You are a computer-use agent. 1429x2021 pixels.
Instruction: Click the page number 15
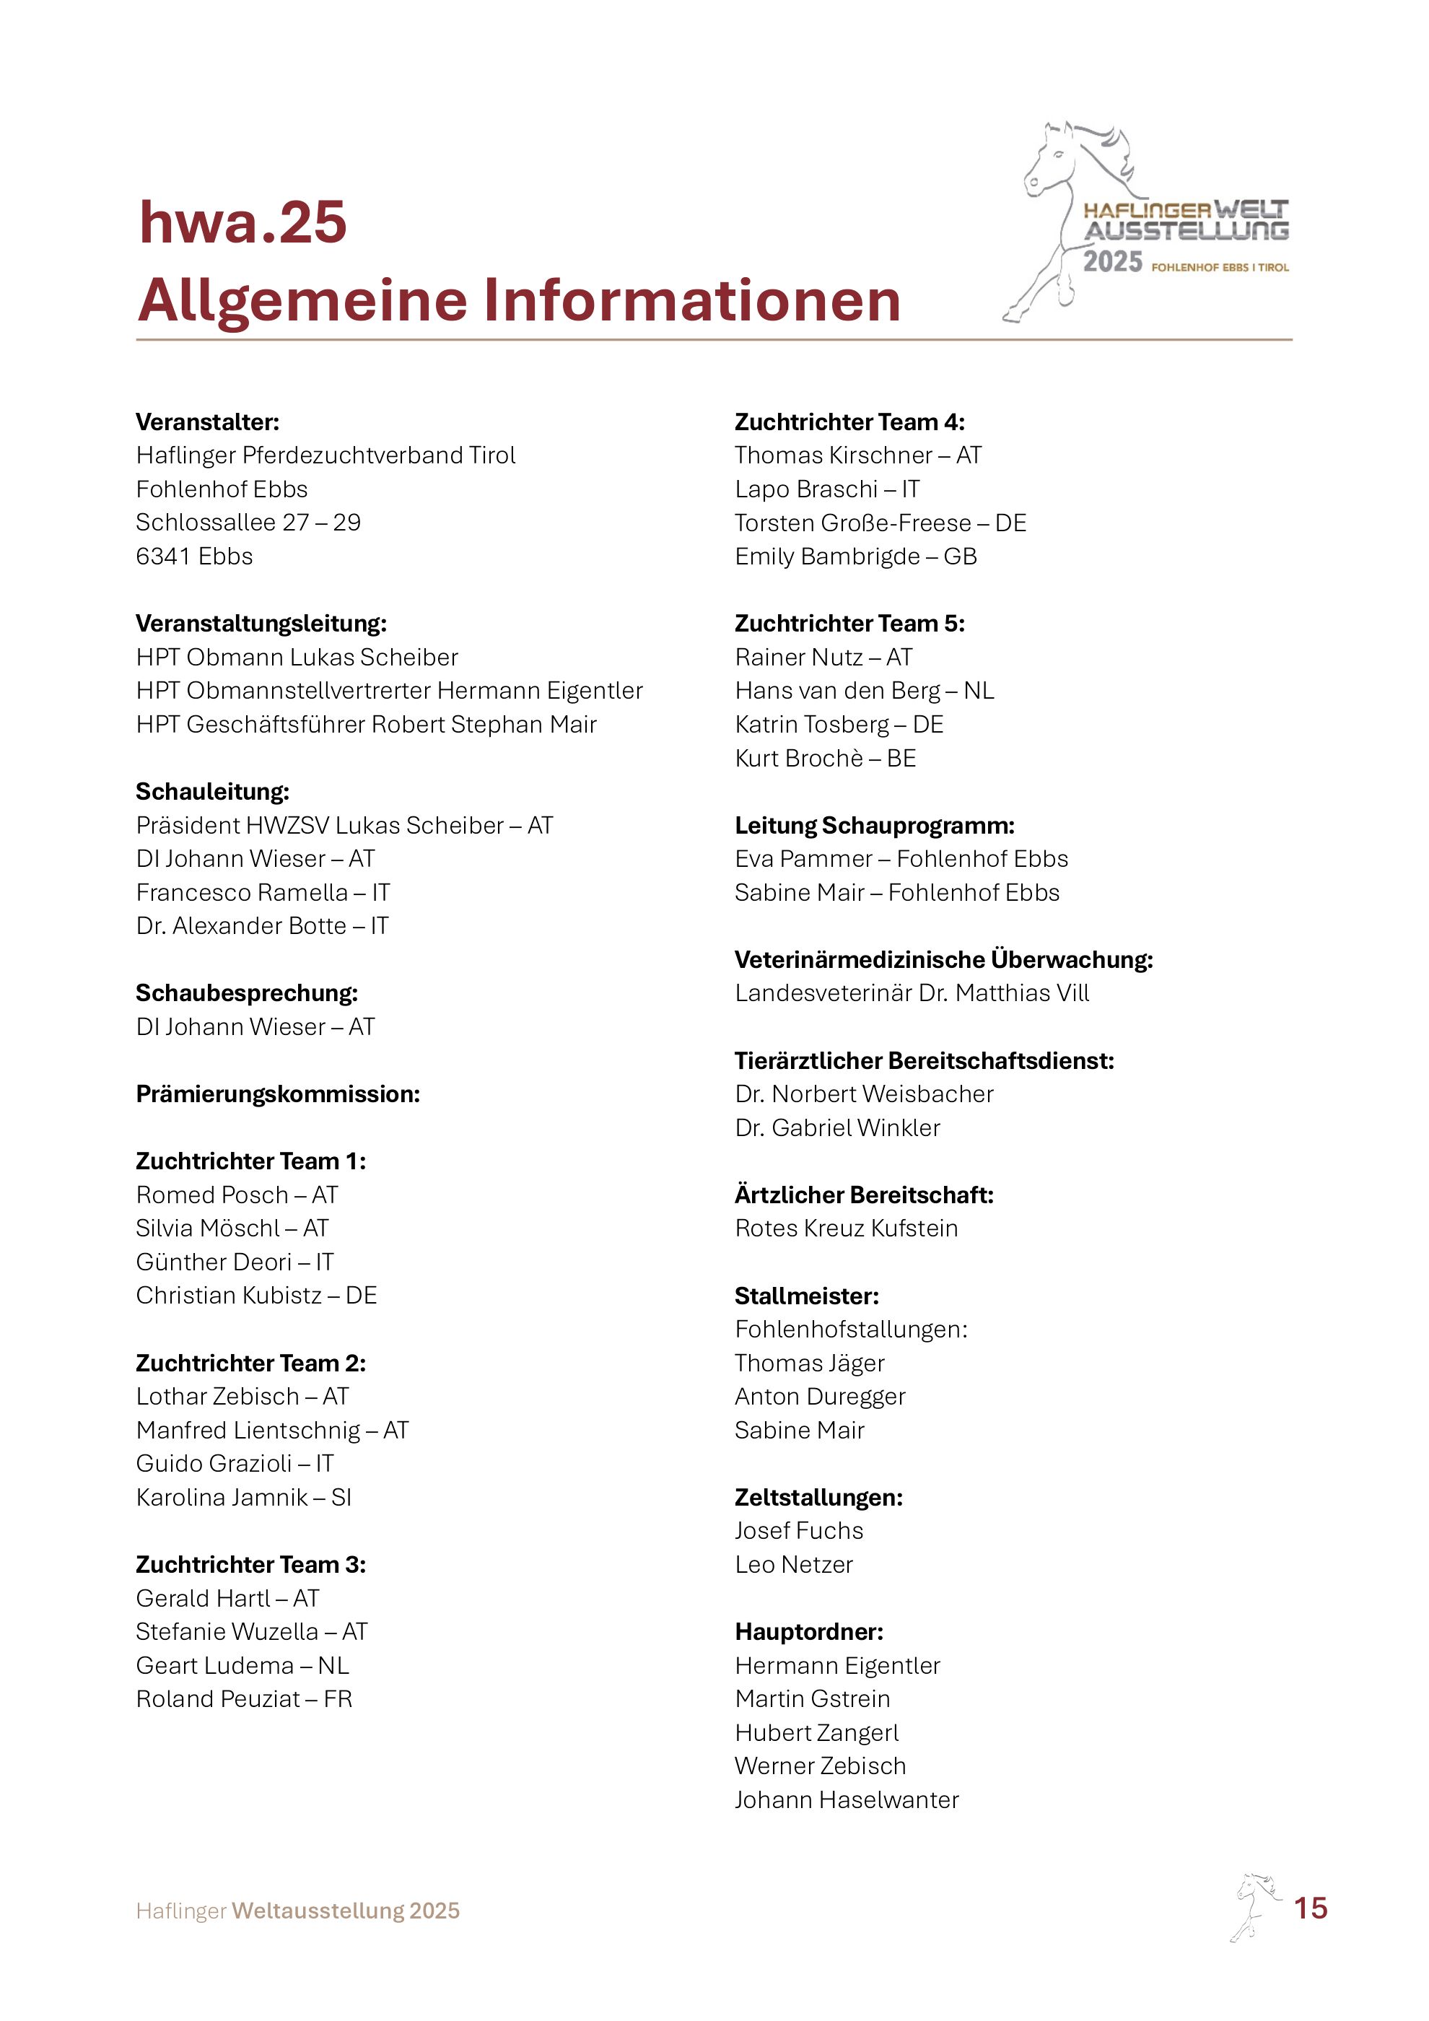click(1310, 1908)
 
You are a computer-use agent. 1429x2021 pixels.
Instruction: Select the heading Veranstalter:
click(208, 422)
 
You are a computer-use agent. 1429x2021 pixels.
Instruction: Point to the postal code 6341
click(164, 556)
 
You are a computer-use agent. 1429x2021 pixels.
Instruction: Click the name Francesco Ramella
click(242, 893)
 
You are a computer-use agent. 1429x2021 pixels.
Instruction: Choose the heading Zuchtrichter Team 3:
click(250, 1564)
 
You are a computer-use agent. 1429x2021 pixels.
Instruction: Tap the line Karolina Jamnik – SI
click(244, 1497)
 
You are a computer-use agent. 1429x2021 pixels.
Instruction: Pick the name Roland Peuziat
click(218, 1699)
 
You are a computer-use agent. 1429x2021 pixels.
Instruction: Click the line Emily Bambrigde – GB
click(855, 556)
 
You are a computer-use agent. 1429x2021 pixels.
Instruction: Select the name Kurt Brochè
click(799, 758)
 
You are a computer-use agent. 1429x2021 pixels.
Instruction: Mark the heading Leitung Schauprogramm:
click(875, 826)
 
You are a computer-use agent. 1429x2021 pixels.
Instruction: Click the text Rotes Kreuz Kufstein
click(847, 1228)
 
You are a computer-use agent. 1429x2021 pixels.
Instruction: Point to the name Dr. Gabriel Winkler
click(838, 1127)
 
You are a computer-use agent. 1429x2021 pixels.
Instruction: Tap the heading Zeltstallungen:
click(818, 1497)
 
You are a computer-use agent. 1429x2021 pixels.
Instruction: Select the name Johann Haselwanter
click(847, 1800)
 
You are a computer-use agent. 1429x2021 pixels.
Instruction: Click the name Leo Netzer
click(794, 1564)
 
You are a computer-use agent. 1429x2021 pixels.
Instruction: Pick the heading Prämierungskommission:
click(278, 1094)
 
